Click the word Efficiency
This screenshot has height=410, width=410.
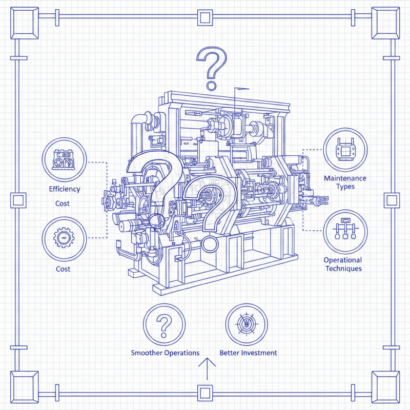pos(65,189)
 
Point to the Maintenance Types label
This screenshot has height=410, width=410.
pos(345,182)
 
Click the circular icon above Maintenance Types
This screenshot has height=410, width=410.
pos(345,150)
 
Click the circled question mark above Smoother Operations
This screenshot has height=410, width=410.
pos(165,324)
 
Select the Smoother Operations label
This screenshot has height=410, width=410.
pos(165,353)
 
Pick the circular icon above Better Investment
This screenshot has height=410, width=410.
pos(247,324)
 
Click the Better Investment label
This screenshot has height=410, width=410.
pos(248,353)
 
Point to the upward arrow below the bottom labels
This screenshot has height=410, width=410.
pos(207,368)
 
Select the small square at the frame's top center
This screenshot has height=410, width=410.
pos(206,18)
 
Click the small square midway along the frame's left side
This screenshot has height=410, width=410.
pos(18,199)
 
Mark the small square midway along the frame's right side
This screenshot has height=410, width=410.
pos(393,199)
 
